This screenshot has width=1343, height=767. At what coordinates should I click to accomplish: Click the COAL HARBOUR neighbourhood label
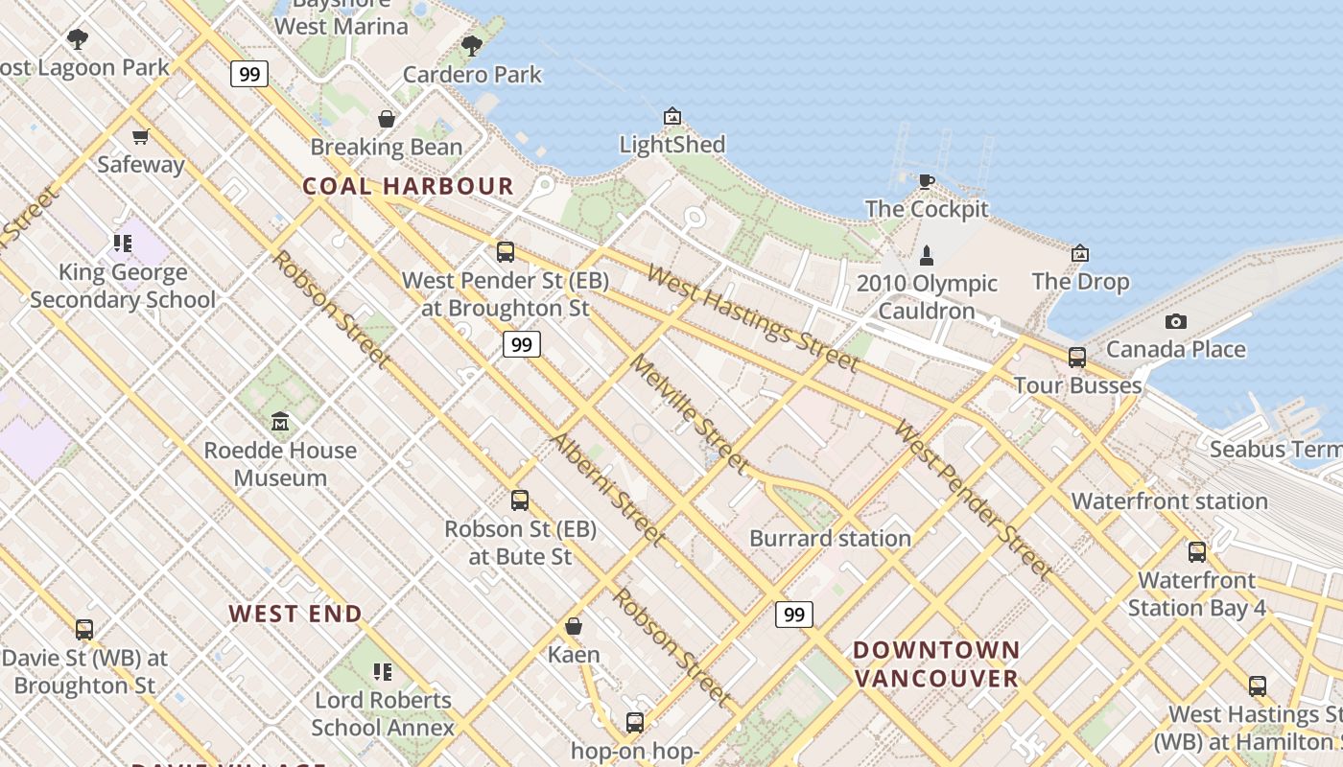(409, 186)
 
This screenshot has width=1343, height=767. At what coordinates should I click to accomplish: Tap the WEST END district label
(295, 614)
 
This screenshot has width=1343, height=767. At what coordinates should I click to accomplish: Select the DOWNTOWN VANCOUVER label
(936, 663)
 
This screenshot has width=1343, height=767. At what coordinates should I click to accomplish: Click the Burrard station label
(830, 538)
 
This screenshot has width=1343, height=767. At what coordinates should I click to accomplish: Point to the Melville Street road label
(688, 413)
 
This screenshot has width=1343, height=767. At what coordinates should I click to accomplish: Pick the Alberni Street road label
(606, 489)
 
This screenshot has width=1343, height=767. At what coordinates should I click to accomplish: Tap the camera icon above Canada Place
(1175, 322)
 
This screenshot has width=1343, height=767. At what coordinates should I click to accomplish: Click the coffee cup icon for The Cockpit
(926, 181)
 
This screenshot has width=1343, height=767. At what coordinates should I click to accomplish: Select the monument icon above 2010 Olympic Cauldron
(926, 255)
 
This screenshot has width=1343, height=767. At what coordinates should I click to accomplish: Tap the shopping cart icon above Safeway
(141, 137)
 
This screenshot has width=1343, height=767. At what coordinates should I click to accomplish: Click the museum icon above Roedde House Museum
(280, 422)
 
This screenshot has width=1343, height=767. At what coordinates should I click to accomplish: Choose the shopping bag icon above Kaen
(574, 627)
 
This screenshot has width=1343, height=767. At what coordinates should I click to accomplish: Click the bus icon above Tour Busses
(1077, 358)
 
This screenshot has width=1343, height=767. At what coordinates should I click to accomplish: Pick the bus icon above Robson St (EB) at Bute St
(520, 500)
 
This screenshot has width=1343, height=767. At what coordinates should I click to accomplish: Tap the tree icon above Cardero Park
(471, 46)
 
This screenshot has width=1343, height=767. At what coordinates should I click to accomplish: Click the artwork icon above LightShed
(672, 117)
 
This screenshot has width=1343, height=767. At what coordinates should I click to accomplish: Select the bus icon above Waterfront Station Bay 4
(1197, 552)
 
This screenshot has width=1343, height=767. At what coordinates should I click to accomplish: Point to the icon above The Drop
(1080, 254)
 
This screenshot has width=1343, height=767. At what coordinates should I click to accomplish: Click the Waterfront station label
(1169, 501)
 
